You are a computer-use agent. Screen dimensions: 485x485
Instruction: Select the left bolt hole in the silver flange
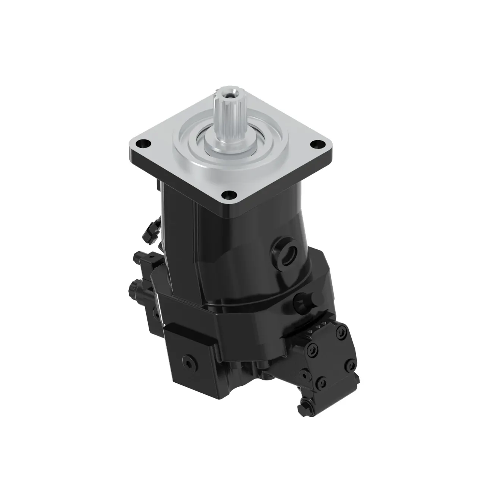point(144,144)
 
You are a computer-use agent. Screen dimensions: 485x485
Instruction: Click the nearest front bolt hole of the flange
point(228,196)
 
